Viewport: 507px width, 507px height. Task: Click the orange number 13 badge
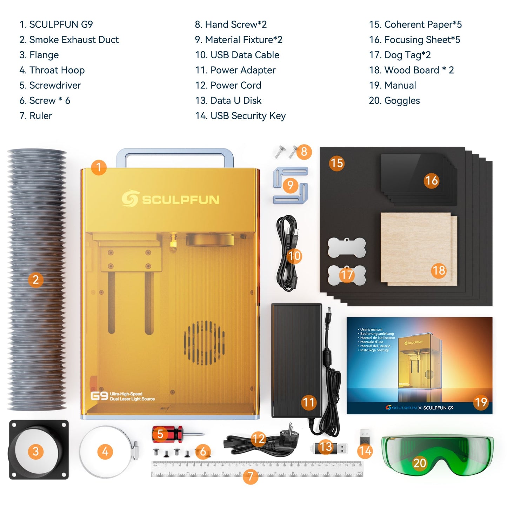pyautogui.click(x=326, y=447)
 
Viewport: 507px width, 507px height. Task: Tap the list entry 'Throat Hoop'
pyautogui.click(x=52, y=70)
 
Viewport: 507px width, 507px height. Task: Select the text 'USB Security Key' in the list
pyautogui.click(x=240, y=116)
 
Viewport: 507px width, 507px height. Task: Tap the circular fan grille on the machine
pyautogui.click(x=204, y=343)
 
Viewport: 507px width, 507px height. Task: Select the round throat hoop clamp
pyautogui.click(x=107, y=452)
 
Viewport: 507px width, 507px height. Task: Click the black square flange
pyautogui.click(x=39, y=450)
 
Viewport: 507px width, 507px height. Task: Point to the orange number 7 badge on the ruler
pyautogui.click(x=250, y=476)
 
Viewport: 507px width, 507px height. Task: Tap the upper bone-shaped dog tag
pyautogui.click(x=347, y=247)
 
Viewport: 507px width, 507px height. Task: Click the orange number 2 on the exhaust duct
pyautogui.click(x=35, y=280)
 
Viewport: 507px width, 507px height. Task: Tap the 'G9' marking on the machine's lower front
pyautogui.click(x=99, y=396)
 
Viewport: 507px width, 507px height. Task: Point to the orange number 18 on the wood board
pyautogui.click(x=439, y=271)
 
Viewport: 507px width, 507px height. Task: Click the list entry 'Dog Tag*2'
pyautogui.click(x=400, y=55)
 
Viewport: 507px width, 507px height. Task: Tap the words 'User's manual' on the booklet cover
pyautogui.click(x=371, y=329)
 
